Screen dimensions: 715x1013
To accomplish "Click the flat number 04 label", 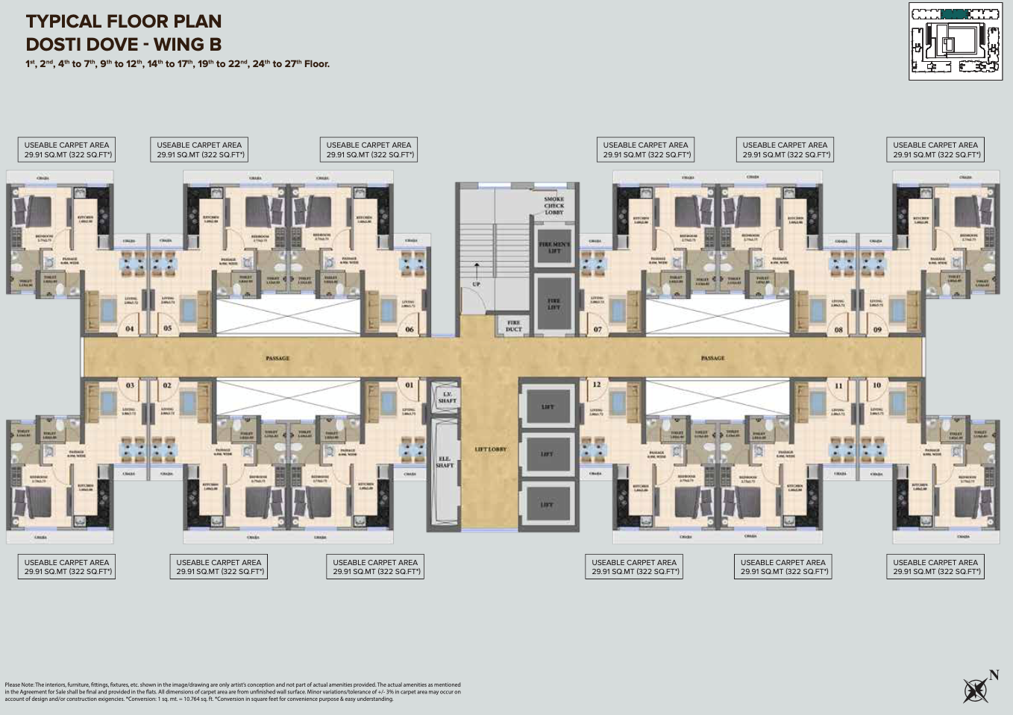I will pyautogui.click(x=130, y=329).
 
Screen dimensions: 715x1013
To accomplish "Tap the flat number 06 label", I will pyautogui.click(x=410, y=330).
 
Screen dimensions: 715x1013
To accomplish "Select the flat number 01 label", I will pyautogui.click(x=410, y=385).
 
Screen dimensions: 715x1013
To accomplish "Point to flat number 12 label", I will pyautogui.click(x=597, y=385).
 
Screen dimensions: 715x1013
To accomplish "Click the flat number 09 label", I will pyautogui.click(x=877, y=330).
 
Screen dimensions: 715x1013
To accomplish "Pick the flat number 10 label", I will pyautogui.click(x=876, y=385).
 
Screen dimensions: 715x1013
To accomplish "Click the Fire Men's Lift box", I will pyautogui.click(x=553, y=248).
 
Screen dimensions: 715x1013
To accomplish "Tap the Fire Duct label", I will pyautogui.click(x=513, y=326).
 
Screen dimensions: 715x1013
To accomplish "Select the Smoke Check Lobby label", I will pyautogui.click(x=553, y=206).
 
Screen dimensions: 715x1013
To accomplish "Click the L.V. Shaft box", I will pyautogui.click(x=447, y=397).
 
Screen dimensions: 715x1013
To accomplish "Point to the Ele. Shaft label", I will pyautogui.click(x=445, y=462).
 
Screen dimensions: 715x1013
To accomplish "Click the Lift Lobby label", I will pyautogui.click(x=490, y=450).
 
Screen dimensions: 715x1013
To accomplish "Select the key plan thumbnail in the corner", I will pyautogui.click(x=955, y=41).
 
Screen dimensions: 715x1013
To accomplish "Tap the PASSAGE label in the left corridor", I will pyautogui.click(x=277, y=359).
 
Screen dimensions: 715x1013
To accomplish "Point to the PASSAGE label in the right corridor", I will pyautogui.click(x=712, y=359).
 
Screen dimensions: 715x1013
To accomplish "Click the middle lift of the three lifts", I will pyautogui.click(x=547, y=454).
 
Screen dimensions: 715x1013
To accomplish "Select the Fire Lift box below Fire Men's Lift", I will pyautogui.click(x=553, y=303).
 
